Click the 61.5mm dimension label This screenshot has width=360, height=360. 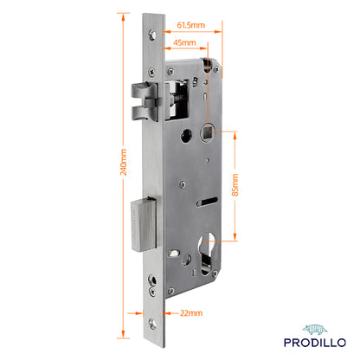[x=190, y=25]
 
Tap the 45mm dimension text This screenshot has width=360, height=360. [x=184, y=42]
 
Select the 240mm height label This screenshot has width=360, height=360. [x=124, y=162]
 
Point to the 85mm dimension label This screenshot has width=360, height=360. [x=235, y=185]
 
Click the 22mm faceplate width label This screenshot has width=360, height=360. [x=191, y=313]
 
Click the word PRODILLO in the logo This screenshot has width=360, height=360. [x=315, y=343]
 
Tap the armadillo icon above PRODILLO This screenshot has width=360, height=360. [x=315, y=330]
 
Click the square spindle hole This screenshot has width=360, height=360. [x=208, y=132]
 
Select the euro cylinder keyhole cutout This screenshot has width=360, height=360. [x=207, y=253]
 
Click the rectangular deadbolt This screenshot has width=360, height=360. [x=145, y=224]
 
